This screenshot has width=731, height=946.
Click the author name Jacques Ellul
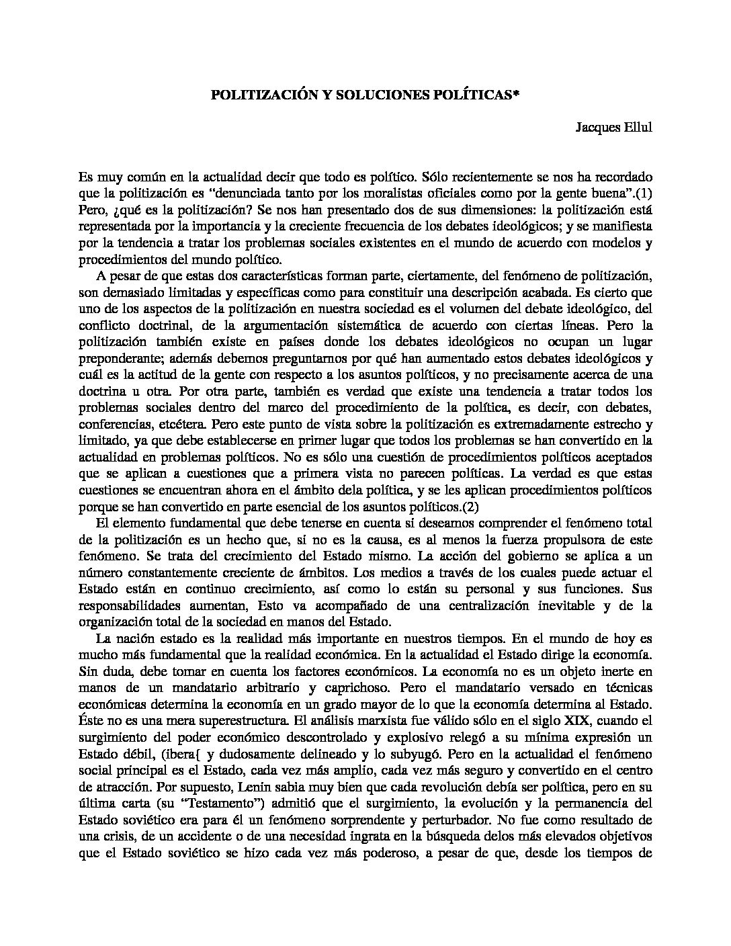(x=614, y=128)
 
